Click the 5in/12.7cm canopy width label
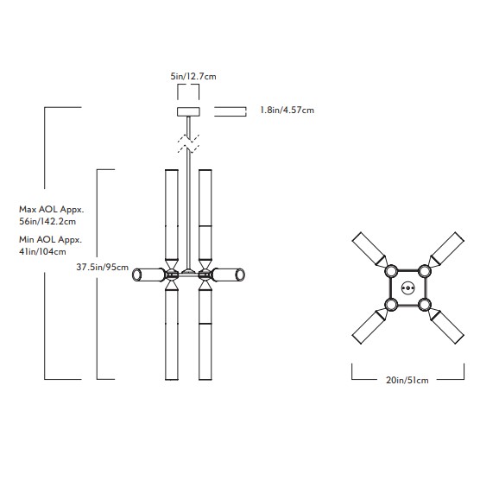tap(193, 76)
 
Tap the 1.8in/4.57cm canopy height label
tap(287, 111)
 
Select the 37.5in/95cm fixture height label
tap(102, 267)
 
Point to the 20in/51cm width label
tap(407, 380)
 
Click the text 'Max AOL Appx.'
tap(52, 210)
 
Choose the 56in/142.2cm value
tap(47, 221)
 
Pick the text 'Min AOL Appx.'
tap(51, 239)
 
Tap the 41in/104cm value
tap(42, 251)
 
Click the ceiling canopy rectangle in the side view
tap(188, 111)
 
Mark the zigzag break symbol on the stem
tap(188, 143)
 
